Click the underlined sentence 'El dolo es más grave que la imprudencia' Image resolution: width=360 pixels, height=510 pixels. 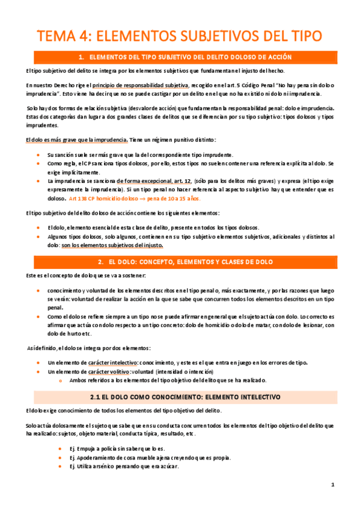tap(76, 140)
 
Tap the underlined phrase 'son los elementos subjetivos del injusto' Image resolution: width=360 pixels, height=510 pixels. tap(121, 246)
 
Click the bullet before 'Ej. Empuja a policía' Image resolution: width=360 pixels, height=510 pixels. tap(61, 449)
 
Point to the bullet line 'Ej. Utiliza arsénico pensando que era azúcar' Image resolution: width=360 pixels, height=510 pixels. tap(123, 466)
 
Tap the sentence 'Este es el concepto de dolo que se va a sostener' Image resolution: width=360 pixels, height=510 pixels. tap(85, 275)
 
